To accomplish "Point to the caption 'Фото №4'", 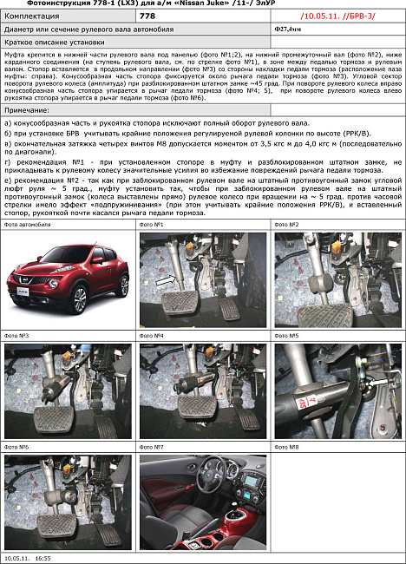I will [153, 335].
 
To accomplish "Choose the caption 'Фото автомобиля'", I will [28, 224].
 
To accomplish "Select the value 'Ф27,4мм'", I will [287, 29].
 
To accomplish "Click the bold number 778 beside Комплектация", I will [147, 16].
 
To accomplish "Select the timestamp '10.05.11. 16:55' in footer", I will [27, 559].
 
